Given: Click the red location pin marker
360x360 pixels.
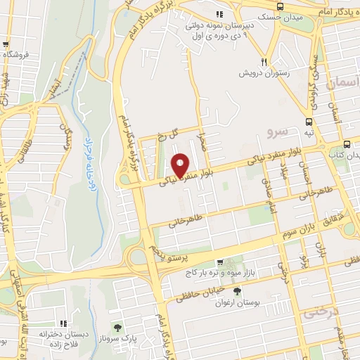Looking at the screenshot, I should tap(180, 166).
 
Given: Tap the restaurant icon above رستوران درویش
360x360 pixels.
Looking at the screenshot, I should tap(265, 61).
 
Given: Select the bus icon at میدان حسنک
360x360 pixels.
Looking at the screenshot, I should tap(280, 6).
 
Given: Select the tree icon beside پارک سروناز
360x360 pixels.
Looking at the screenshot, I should tap(117, 327).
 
